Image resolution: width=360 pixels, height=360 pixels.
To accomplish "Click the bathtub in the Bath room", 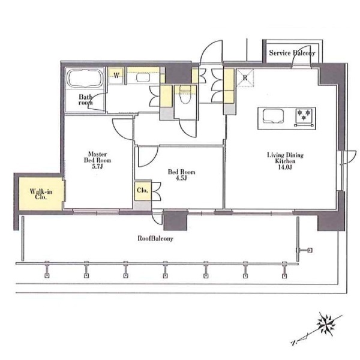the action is point(85,78).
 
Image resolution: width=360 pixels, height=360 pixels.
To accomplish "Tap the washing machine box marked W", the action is point(116,75).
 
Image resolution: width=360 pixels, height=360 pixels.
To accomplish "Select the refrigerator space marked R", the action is point(245,78).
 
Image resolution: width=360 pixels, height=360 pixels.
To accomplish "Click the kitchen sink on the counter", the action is point(273,116).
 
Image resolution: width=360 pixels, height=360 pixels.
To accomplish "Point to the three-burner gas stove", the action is point(304,118).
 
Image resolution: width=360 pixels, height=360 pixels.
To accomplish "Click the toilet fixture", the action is point(185,95).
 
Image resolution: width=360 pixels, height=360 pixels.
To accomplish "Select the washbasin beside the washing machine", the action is point(143,77).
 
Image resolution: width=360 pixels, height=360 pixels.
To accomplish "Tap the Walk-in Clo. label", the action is point(41,194).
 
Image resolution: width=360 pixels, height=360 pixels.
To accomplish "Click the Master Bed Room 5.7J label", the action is point(97,160).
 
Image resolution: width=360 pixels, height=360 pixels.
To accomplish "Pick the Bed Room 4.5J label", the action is point(181,175).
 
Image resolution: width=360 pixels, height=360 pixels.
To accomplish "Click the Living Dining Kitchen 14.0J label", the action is point(285,161).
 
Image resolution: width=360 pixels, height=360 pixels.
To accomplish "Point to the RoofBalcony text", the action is point(155,238).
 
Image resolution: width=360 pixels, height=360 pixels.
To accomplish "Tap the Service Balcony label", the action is point(292,53).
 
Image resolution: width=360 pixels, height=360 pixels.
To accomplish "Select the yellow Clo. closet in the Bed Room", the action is point(143,190).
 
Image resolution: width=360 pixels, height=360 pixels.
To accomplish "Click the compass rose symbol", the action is point(326,324).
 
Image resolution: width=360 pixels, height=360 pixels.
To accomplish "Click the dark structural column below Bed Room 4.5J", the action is point(175,220).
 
